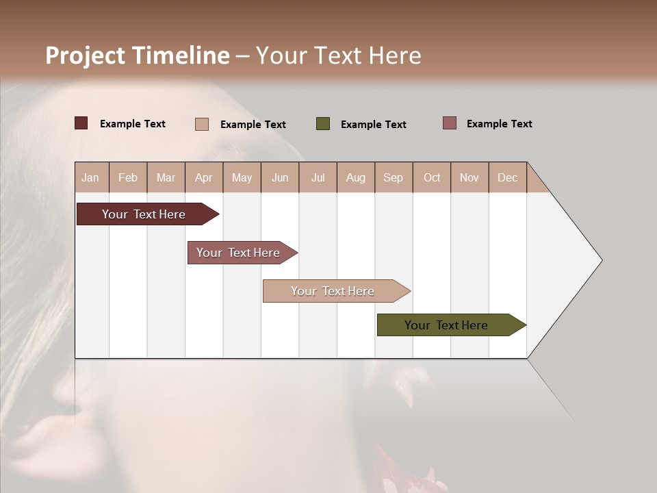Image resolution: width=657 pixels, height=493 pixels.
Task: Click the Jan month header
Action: click(90, 177)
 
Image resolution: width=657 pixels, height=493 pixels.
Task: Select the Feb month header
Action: click(128, 177)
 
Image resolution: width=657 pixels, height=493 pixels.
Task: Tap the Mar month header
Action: click(166, 177)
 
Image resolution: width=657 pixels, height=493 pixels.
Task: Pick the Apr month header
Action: click(204, 177)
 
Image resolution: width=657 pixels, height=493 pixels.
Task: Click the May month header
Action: click(242, 177)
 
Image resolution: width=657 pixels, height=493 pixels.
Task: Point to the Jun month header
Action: click(280, 177)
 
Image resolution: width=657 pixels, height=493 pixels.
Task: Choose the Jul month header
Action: click(318, 177)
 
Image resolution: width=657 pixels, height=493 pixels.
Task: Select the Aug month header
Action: click(356, 177)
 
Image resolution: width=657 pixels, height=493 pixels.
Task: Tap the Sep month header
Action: click(394, 177)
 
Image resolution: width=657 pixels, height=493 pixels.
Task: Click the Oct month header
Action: click(432, 177)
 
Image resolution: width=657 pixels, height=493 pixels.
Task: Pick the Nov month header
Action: click(469, 177)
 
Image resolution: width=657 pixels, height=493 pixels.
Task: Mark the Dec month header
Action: click(508, 177)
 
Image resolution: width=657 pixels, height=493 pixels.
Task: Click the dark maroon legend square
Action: click(81, 123)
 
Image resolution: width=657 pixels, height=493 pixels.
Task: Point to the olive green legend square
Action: click(323, 124)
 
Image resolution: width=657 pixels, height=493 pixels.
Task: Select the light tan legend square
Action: click(202, 124)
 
